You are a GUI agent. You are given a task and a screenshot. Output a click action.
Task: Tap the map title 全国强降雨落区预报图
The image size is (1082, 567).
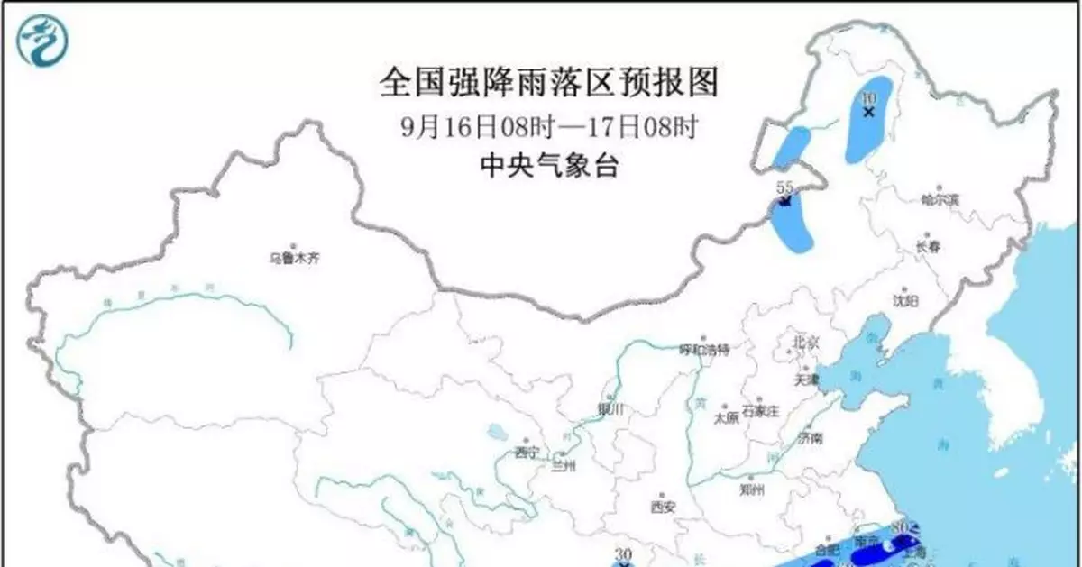(550, 84)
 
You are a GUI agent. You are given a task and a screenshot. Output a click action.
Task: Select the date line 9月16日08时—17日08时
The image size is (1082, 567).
(550, 127)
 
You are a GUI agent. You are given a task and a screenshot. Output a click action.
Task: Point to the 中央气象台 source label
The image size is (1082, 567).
(550, 166)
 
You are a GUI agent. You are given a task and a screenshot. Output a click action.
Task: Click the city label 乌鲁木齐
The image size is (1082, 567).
(295, 258)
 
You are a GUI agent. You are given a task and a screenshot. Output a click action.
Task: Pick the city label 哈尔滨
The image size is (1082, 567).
(941, 198)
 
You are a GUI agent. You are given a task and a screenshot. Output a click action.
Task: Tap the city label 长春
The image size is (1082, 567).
(930, 245)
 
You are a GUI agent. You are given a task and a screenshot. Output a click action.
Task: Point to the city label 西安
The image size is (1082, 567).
(663, 506)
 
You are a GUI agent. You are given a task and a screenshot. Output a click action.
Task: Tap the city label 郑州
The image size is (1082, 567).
(751, 490)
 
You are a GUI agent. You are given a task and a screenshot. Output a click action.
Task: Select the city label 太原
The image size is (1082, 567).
(726, 417)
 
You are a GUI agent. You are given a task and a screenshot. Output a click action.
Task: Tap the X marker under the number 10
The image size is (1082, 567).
(869, 113)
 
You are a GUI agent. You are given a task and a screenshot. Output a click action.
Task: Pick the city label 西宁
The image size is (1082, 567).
(526, 452)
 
